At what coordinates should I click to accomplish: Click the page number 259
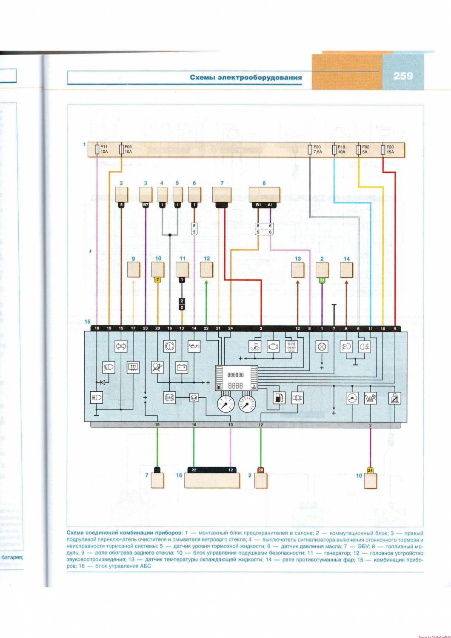coord(403,76)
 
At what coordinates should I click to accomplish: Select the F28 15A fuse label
coord(390,149)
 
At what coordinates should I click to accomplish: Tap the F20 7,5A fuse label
coord(317,149)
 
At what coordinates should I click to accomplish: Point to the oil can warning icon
coord(194,346)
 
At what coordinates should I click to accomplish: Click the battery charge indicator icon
coord(182,367)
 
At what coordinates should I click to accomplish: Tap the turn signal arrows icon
coord(121,346)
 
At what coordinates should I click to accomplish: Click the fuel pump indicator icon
coord(278,398)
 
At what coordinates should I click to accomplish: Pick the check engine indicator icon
coord(272,347)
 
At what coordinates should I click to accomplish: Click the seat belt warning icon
coord(396,398)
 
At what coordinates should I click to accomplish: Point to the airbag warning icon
coord(157,367)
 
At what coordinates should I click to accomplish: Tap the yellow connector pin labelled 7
coord(158,280)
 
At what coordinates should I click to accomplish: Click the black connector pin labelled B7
coord(146,205)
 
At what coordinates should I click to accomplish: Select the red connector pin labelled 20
coord(260,470)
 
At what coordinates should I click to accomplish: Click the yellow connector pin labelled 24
coord(371,470)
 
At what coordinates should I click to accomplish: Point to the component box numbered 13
coord(297,270)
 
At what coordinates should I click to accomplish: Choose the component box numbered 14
coord(346,270)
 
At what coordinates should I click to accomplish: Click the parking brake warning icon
coord(170,346)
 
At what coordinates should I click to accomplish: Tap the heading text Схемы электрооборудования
coord(245,77)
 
